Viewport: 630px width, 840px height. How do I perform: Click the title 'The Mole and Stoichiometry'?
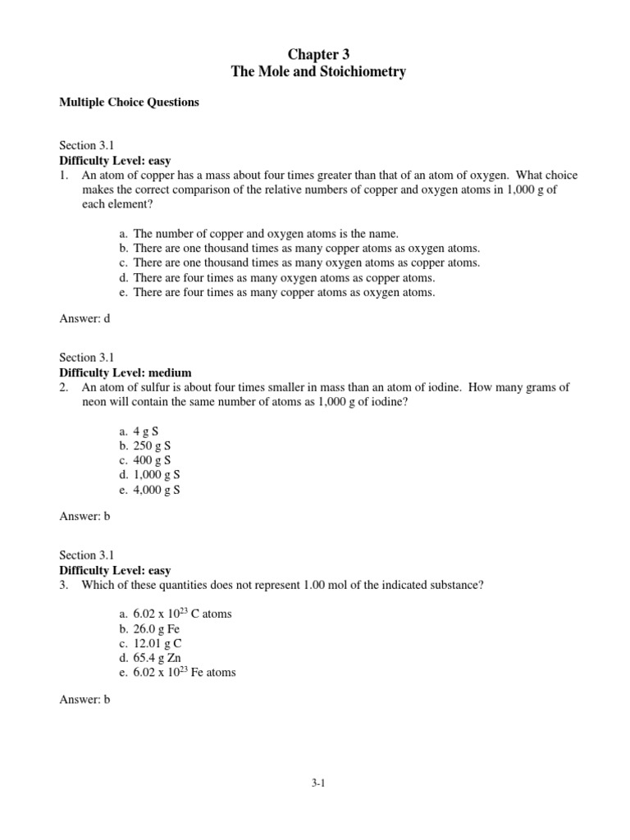pos(318,73)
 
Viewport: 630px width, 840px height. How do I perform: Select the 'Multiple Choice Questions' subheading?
pos(129,103)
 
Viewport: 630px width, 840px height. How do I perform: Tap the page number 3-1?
pos(318,783)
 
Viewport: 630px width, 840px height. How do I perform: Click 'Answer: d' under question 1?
pos(84,319)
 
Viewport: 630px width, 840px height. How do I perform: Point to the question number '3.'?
pos(64,584)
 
